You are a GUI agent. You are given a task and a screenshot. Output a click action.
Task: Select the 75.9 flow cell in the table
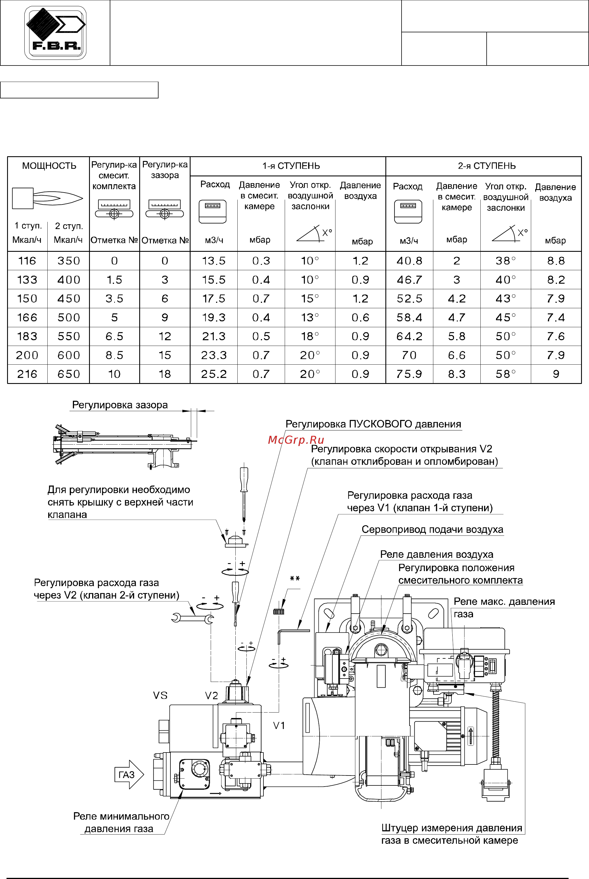pyautogui.click(x=409, y=374)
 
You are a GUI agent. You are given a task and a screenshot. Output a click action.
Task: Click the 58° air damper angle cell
pyautogui.click(x=505, y=374)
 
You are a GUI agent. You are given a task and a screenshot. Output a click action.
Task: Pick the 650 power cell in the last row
pyautogui.click(x=68, y=374)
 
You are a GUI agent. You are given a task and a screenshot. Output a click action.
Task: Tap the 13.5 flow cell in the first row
pyautogui.click(x=214, y=261)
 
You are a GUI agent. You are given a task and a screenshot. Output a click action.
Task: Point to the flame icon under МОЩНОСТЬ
pyautogui.click(x=47, y=198)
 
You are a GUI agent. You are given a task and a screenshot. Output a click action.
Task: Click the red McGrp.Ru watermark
pyautogui.click(x=296, y=440)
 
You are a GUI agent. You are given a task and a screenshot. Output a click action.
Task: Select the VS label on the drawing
pyautogui.click(x=160, y=695)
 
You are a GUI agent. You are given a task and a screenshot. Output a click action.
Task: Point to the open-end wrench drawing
pyautogui.click(x=192, y=617)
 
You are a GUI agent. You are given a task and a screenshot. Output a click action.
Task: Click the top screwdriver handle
pyautogui.click(x=244, y=479)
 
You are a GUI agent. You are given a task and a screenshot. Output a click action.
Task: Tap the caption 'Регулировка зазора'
pyautogui.click(x=120, y=405)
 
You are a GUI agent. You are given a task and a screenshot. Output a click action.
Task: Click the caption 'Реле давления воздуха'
pyautogui.click(x=436, y=554)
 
